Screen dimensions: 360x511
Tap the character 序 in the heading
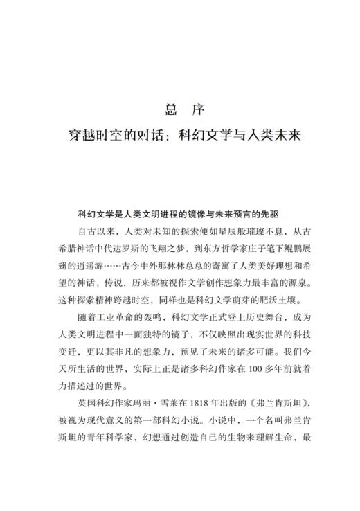195,109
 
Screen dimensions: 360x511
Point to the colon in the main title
170,135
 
